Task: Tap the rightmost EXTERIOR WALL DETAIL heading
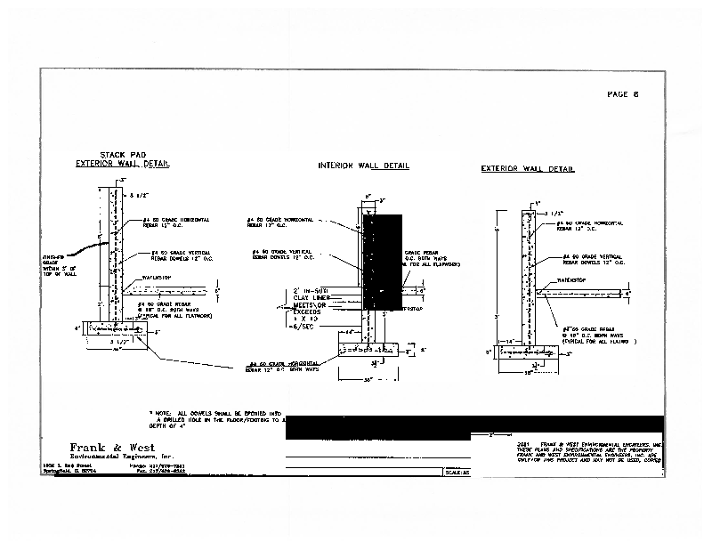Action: [528, 169]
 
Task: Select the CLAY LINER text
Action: [308, 298]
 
